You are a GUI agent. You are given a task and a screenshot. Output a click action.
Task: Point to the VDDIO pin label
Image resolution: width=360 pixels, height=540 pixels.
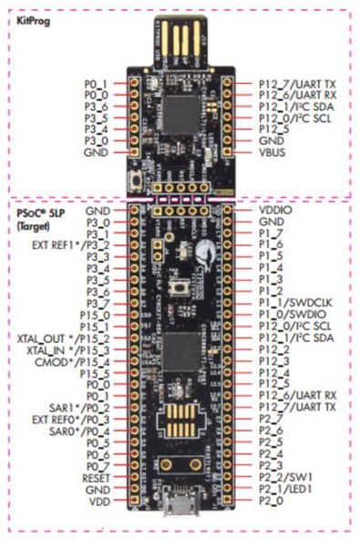tap(276, 209)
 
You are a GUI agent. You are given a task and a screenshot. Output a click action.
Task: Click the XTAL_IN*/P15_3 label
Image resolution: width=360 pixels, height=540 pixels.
tap(71, 349)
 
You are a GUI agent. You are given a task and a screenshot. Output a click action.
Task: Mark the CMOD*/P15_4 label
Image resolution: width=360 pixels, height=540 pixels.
tap(76, 361)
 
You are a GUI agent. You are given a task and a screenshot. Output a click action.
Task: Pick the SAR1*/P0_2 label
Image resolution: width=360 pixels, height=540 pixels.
tap(80, 408)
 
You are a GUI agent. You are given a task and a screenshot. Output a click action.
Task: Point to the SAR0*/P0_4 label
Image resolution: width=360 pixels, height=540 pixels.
tap(80, 431)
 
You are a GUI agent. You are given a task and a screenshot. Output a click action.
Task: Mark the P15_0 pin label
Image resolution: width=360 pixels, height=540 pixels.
tap(96, 315)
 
